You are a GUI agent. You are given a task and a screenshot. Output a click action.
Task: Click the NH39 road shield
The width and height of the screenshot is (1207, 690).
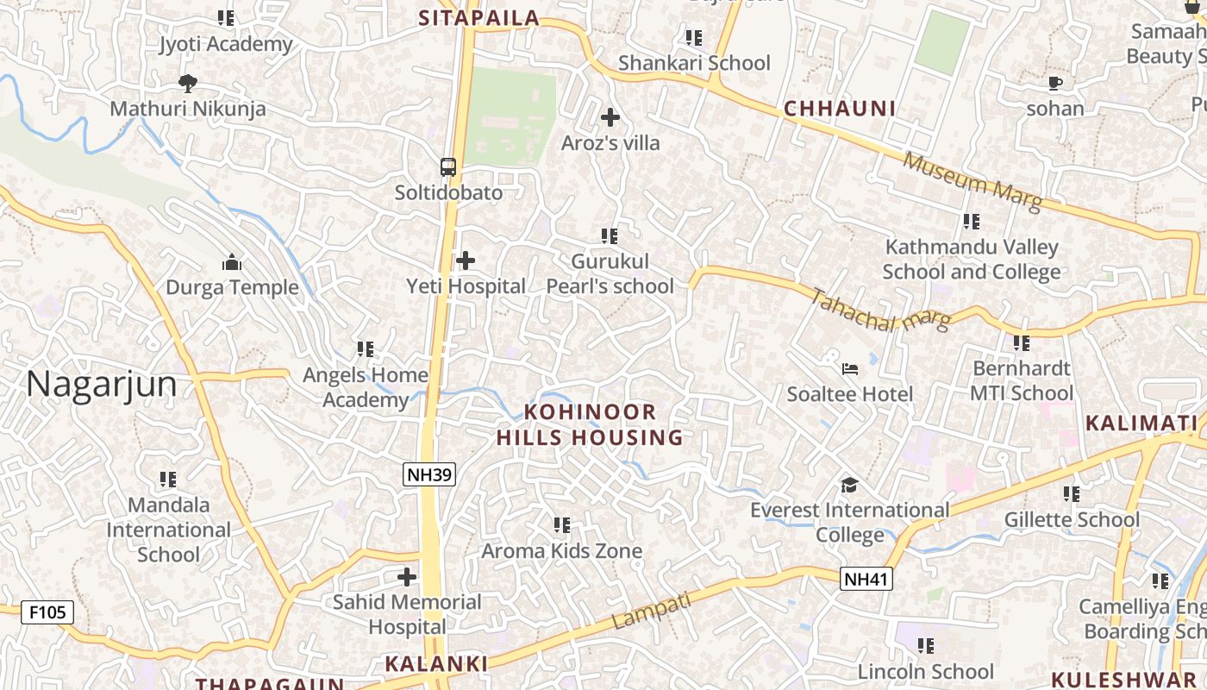pos(429,474)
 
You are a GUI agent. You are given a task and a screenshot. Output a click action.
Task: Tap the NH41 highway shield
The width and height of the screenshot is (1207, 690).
pos(866,579)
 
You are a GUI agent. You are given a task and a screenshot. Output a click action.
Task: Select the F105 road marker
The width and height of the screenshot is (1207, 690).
pos(47,612)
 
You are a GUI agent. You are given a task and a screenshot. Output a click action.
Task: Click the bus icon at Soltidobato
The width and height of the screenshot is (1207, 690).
pos(448,167)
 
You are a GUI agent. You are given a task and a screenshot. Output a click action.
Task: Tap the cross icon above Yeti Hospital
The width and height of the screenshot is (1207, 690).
pos(466,260)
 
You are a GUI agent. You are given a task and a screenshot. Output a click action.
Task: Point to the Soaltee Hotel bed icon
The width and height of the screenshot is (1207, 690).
pos(850,369)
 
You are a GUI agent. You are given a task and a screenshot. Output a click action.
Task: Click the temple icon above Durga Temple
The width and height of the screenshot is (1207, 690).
pos(231,262)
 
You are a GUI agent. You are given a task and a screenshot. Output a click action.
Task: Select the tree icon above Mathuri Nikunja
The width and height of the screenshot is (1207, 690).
pos(187,84)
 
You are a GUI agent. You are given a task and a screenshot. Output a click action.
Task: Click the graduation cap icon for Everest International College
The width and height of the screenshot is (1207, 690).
pos(849,485)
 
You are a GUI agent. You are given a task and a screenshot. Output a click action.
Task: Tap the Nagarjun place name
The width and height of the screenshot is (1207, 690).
pos(101,384)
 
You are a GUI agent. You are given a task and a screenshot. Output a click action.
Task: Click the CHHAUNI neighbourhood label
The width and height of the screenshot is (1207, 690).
pos(840,109)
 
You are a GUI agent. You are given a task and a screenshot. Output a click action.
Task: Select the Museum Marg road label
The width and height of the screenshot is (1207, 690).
pos(972,182)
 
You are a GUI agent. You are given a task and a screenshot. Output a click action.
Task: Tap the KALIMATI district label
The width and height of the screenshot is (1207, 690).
pos(1141,423)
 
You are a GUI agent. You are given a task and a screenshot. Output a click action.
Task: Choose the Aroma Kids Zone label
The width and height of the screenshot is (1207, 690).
pos(561,550)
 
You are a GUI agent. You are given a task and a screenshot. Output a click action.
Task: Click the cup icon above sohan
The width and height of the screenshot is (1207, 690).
pos(1055,84)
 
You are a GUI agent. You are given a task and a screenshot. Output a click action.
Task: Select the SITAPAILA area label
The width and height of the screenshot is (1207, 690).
pos(478,18)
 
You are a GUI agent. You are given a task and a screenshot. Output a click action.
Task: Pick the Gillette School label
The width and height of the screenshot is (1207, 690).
pos(1072,519)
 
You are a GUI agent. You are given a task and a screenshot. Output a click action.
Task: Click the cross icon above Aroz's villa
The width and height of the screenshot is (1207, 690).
pos(610,117)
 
